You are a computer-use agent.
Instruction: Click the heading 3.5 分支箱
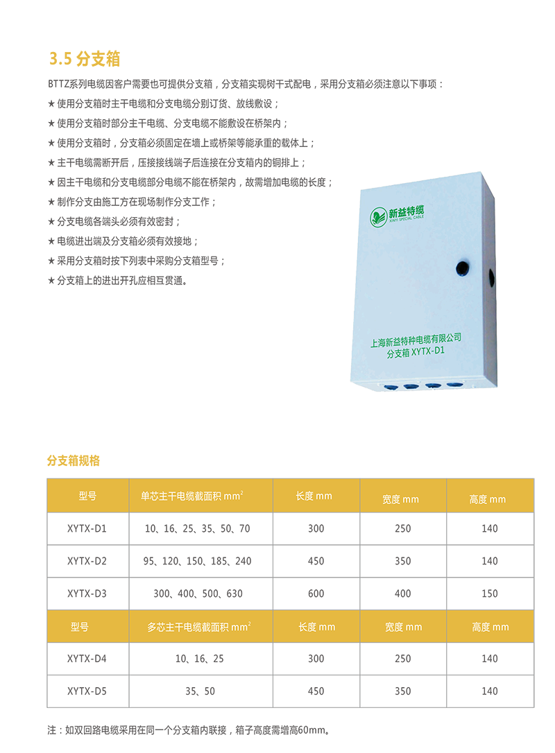pos(85,58)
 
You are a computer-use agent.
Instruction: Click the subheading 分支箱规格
pos(74,460)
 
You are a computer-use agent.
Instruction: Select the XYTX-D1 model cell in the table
pos(87,529)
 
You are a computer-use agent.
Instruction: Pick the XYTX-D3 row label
pos(87,594)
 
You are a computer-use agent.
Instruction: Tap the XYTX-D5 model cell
pos(87,691)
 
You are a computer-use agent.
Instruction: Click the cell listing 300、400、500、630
pos(198,594)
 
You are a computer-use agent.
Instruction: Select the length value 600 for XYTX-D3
pos(316,594)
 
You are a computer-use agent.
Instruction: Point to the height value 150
pos(490,594)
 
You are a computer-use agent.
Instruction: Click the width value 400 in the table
pos(402,594)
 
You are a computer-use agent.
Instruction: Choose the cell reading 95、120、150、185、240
pos(197,561)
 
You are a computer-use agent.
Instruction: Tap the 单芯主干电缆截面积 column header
pos(191,496)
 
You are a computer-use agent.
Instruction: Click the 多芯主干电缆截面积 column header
pos(199,627)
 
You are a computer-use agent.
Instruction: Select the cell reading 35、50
pos(200,691)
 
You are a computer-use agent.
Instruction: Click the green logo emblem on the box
pos(378,216)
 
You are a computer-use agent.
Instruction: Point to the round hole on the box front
pos(462,268)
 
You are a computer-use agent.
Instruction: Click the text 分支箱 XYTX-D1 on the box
pos(416,352)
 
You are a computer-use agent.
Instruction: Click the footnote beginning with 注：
pos(189,730)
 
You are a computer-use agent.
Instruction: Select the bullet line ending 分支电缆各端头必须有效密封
pos(114,221)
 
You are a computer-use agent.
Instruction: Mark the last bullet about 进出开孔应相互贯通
pos(117,280)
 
